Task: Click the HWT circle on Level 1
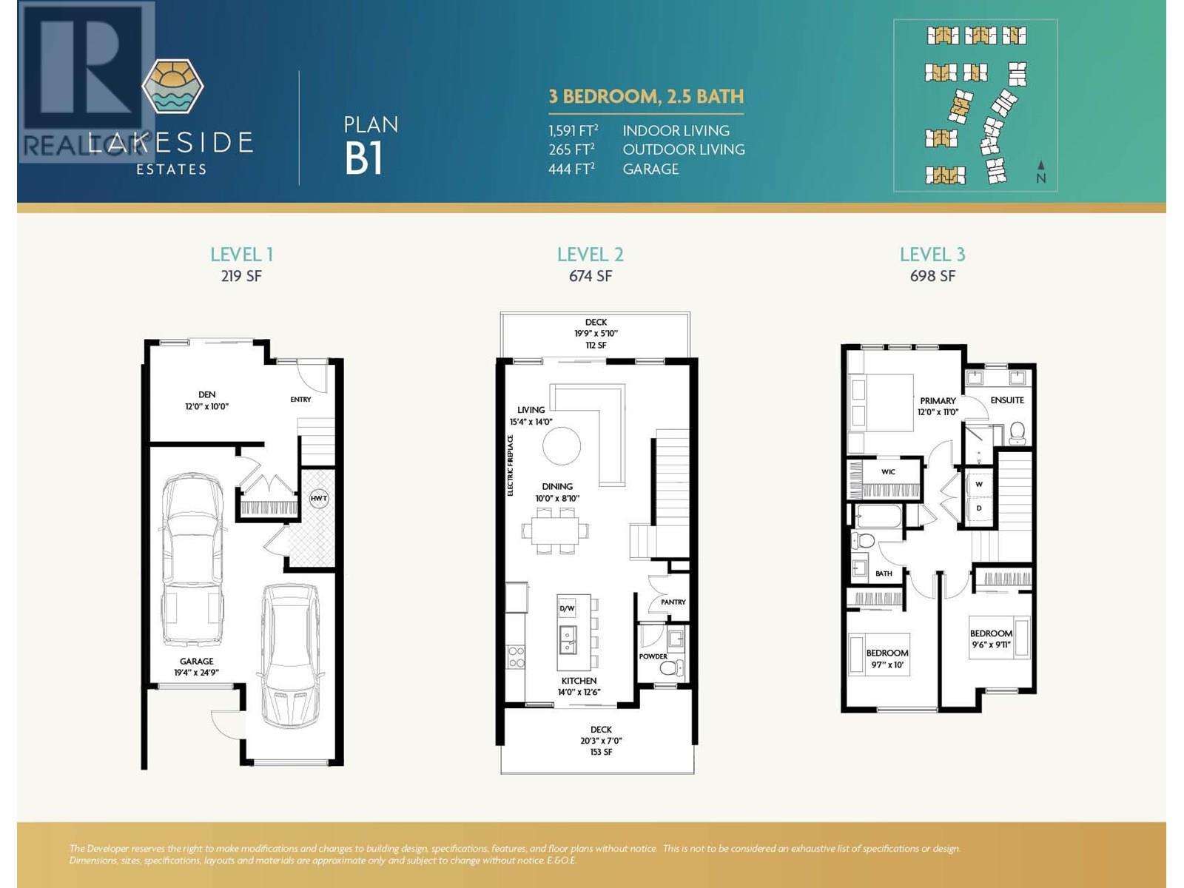pyautogui.click(x=319, y=498)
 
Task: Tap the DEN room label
pyautogui.click(x=206, y=395)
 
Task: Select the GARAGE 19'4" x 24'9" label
pyautogui.click(x=196, y=667)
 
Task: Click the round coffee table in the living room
pyautogui.click(x=562, y=446)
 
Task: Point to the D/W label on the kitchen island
pyautogui.click(x=567, y=608)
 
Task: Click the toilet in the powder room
pyautogui.click(x=670, y=670)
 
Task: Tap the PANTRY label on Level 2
pyautogui.click(x=673, y=602)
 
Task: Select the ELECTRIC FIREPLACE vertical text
pyautogui.click(x=511, y=465)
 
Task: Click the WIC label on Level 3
pyautogui.click(x=888, y=472)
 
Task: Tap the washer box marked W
pyautogui.click(x=979, y=485)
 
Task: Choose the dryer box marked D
pyautogui.click(x=979, y=508)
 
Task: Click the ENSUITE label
pyautogui.click(x=1007, y=400)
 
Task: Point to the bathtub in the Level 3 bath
pyautogui.click(x=878, y=516)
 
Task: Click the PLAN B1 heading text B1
pyautogui.click(x=363, y=159)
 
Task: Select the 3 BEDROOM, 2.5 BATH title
pyautogui.click(x=646, y=97)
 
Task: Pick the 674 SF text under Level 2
pyautogui.click(x=590, y=276)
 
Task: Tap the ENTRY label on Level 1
pyautogui.click(x=300, y=400)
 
